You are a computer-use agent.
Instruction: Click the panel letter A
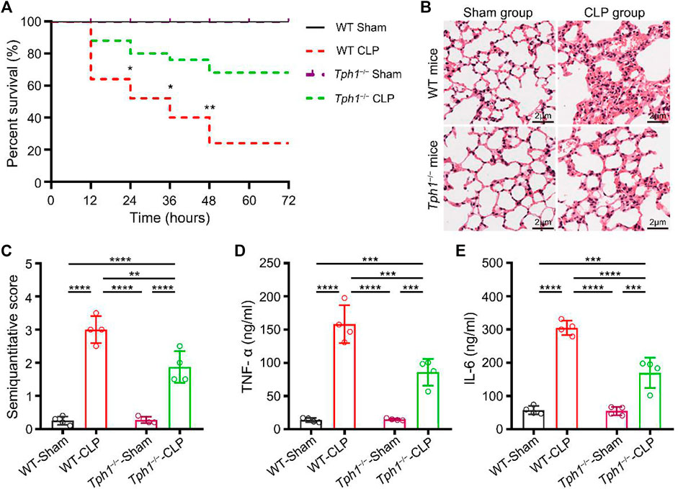click(9, 9)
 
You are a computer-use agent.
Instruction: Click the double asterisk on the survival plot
click(209, 109)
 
